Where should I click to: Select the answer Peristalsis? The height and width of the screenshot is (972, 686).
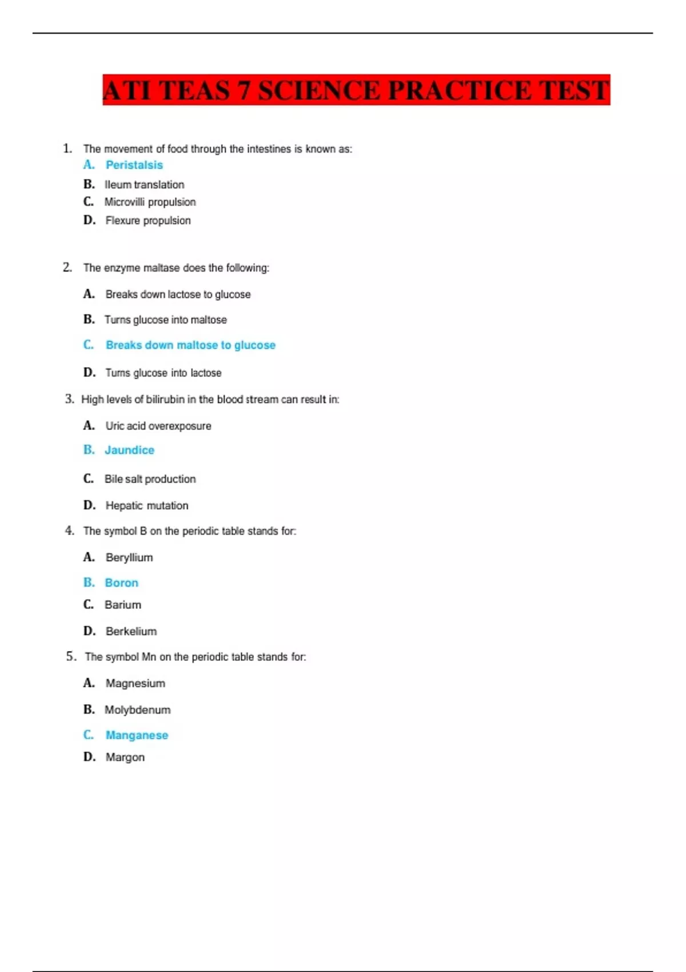134,165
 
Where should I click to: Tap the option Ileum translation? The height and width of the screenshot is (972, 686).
144,185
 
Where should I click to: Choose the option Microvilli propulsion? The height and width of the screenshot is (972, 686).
150,202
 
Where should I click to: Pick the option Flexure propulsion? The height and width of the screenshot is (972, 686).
148,221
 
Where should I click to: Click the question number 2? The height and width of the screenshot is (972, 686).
67,268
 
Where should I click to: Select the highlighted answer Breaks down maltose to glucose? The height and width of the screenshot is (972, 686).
190,345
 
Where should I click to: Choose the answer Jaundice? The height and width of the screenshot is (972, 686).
129,451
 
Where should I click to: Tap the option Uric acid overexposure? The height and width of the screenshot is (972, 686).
158,426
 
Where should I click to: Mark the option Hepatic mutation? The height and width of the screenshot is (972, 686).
147,505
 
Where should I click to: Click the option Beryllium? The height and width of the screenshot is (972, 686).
129,557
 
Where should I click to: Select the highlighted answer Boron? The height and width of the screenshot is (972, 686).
121,583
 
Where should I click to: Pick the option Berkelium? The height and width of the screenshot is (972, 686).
131,632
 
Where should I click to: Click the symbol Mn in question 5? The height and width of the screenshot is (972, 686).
149,657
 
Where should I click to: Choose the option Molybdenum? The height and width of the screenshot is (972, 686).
137,710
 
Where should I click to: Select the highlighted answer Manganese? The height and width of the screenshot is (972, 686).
137,735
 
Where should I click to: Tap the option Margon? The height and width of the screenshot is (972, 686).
125,758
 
